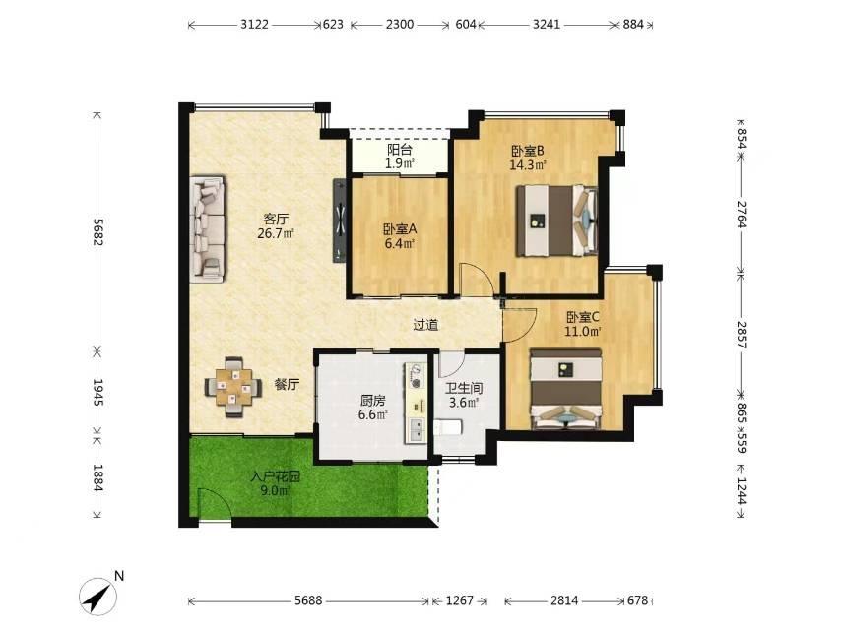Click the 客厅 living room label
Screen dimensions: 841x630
276,219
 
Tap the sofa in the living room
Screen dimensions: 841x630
208,227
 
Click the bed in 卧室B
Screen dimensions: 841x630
556,220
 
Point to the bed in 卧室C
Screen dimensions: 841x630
566,389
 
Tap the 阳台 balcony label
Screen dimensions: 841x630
400,150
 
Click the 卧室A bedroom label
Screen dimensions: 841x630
400,229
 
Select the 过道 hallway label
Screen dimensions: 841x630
425,325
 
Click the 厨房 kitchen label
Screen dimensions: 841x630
373,401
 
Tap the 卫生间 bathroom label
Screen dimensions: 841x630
464,388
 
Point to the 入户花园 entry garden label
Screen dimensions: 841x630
275,476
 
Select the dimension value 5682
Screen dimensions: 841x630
97,231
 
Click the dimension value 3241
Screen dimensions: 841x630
547,25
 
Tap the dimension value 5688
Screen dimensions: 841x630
308,600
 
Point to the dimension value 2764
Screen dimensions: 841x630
742,215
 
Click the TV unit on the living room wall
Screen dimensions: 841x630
340,220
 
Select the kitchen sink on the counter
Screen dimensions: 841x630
416,429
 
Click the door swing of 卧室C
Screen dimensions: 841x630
519,325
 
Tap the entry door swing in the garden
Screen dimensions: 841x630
214,503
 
